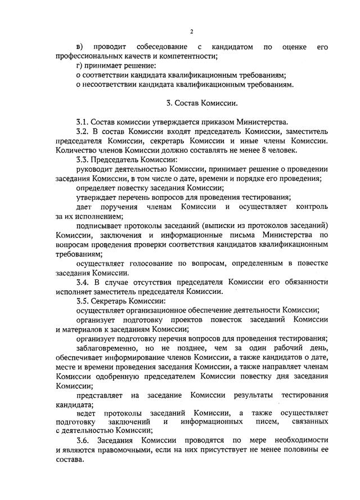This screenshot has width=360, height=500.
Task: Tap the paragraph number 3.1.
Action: (82, 122)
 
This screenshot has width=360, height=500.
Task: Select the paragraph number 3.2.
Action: (82, 132)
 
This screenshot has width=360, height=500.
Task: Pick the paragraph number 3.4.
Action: (82, 282)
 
